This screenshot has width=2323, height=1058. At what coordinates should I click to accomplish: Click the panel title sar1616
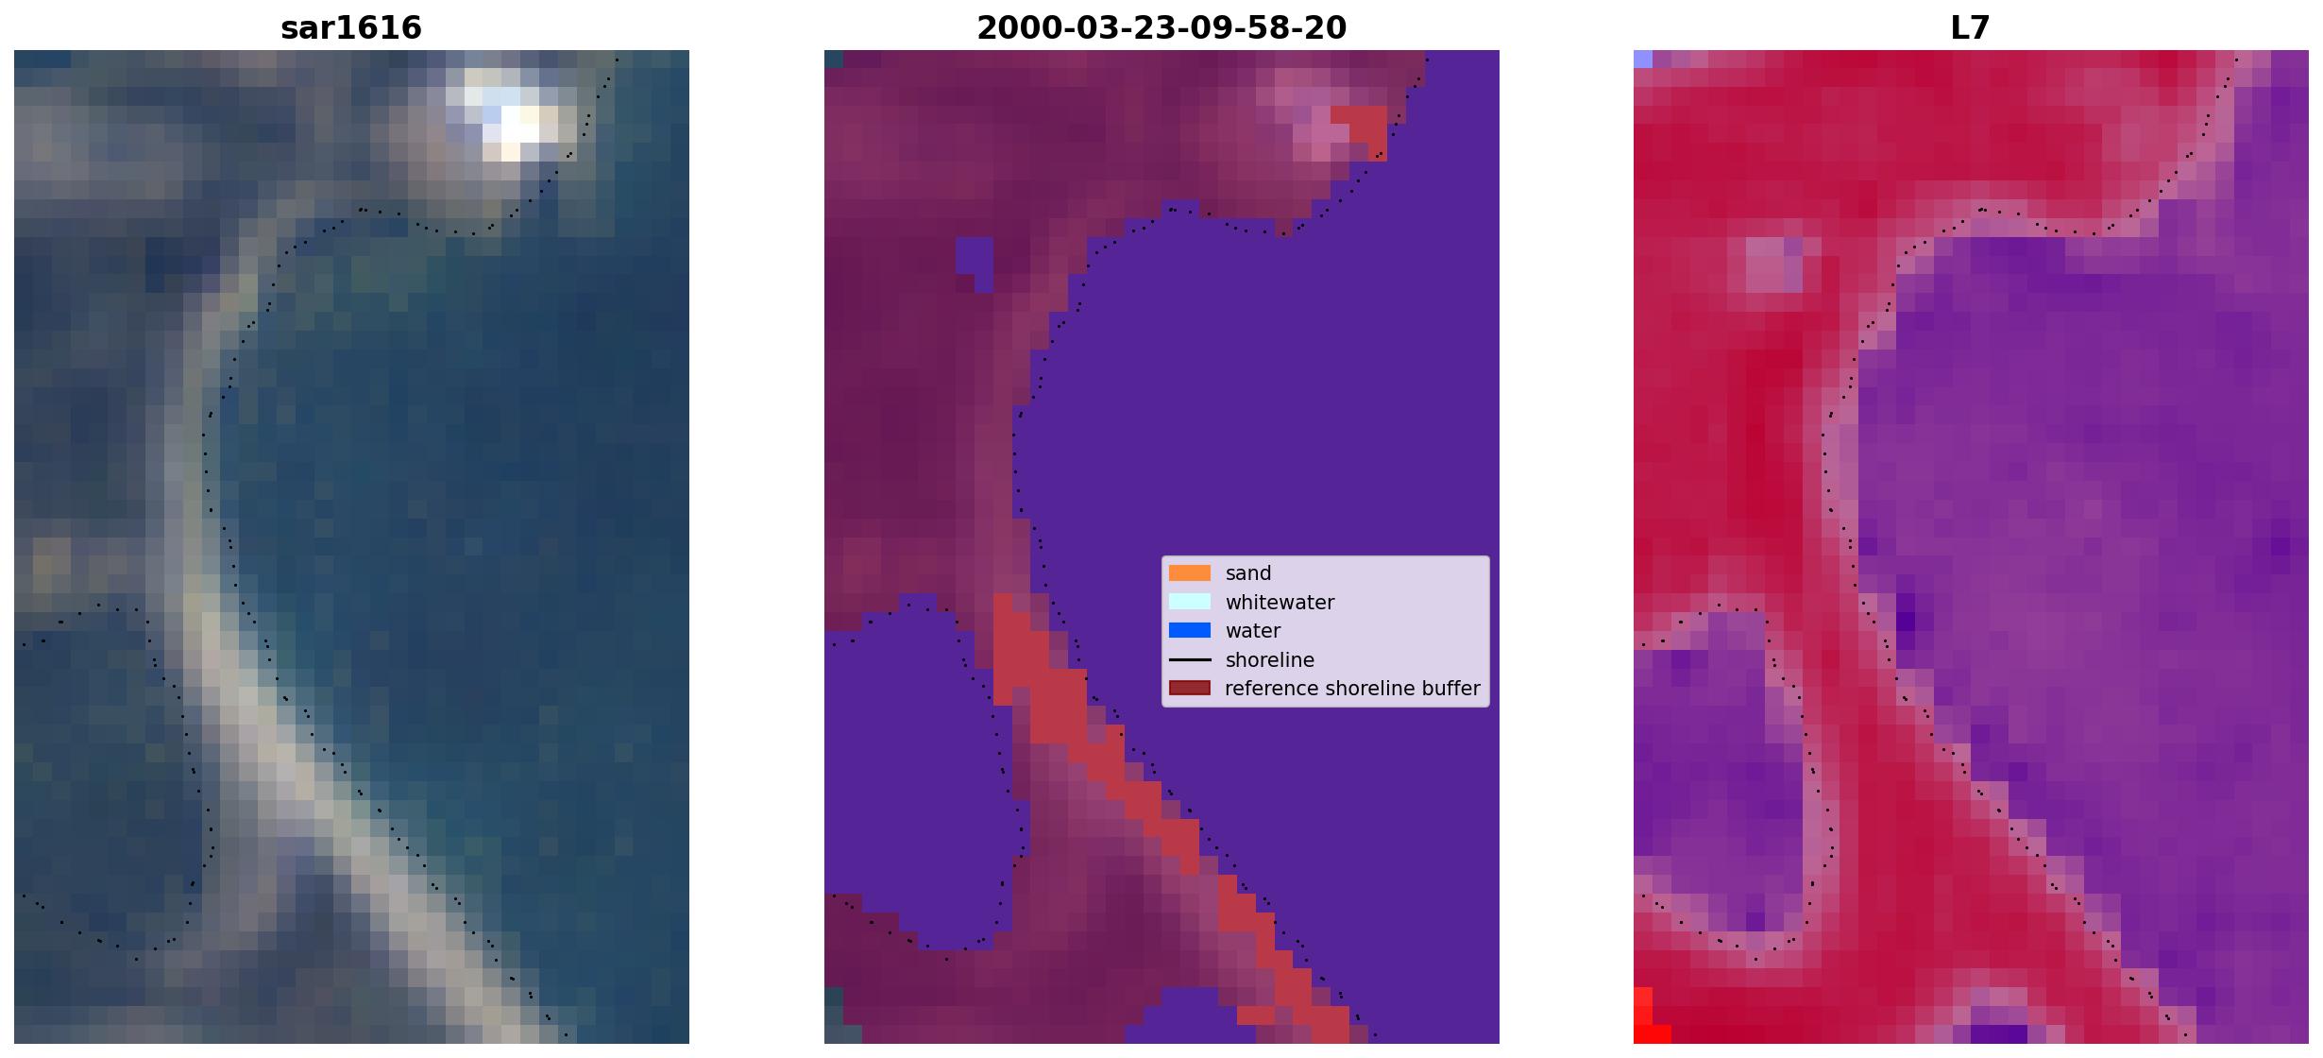[351, 27]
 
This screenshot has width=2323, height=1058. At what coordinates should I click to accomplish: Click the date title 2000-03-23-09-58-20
[1161, 27]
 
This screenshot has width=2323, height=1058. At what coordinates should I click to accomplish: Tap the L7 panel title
[1971, 27]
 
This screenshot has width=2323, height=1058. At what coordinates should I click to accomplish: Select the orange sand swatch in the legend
[1190, 573]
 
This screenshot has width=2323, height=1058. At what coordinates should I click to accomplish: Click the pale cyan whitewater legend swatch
[1190, 602]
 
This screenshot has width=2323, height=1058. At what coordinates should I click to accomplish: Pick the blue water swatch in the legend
[1190, 630]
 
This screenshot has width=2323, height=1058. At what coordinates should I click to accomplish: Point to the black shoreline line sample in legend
[1190, 659]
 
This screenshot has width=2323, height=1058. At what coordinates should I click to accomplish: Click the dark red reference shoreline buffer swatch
[1190, 688]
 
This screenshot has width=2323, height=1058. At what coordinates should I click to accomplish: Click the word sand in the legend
[1248, 573]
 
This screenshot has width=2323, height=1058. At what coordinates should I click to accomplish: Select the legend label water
[1253, 631]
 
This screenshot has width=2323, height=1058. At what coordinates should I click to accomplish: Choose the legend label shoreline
[1270, 660]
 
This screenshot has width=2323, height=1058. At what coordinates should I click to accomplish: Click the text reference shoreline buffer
[1352, 689]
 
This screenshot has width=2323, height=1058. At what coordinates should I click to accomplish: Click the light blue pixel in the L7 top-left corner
[1643, 59]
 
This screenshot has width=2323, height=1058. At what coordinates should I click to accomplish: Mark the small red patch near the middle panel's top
[1360, 130]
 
